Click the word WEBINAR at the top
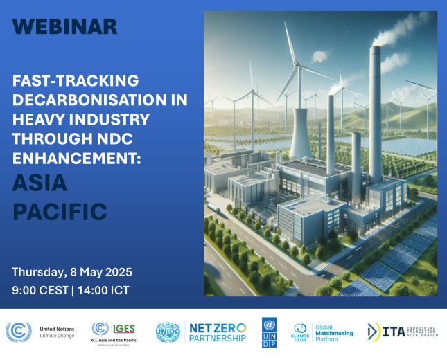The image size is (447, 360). tap(64, 26)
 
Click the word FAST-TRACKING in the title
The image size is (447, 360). tap(76, 80)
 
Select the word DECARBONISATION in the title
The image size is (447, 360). tap(100, 100)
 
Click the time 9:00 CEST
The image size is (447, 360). tap(38, 290)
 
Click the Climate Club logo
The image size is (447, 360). tap(300, 333)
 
